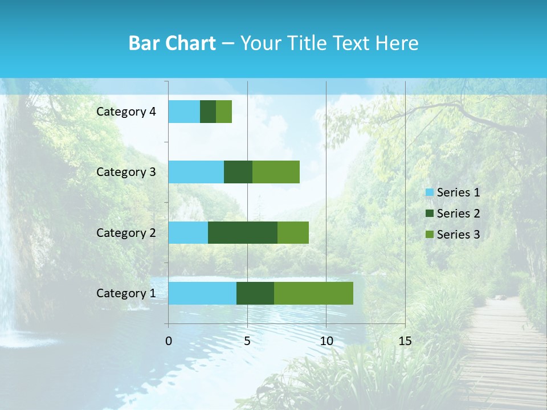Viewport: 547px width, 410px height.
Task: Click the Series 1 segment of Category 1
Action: (x=202, y=293)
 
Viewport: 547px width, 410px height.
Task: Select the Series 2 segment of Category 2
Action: (x=243, y=232)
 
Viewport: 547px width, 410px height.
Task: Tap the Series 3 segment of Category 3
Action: (x=276, y=172)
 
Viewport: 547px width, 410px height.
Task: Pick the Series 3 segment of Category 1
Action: (x=313, y=293)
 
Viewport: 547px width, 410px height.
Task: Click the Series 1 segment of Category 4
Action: (x=184, y=112)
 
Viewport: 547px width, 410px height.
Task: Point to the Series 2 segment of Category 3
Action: (x=238, y=172)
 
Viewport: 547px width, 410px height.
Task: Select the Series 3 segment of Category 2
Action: (x=293, y=232)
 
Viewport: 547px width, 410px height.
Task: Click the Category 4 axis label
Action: (x=126, y=112)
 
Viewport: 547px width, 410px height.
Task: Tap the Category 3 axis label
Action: (x=126, y=172)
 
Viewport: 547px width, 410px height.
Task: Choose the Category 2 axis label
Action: (x=126, y=232)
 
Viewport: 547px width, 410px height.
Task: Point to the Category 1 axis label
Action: (x=126, y=293)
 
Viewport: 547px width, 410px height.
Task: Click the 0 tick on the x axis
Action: (x=169, y=341)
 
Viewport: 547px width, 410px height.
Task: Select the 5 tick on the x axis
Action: (x=247, y=341)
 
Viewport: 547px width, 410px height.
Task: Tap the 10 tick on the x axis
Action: (x=326, y=341)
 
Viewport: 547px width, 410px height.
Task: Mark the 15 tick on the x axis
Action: (x=405, y=341)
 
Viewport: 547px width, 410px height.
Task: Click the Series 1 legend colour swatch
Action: (x=430, y=192)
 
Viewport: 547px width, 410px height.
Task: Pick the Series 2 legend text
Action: (x=458, y=214)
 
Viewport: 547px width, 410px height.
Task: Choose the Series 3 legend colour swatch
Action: (x=430, y=235)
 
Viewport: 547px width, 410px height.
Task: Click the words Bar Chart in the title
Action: (x=172, y=43)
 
